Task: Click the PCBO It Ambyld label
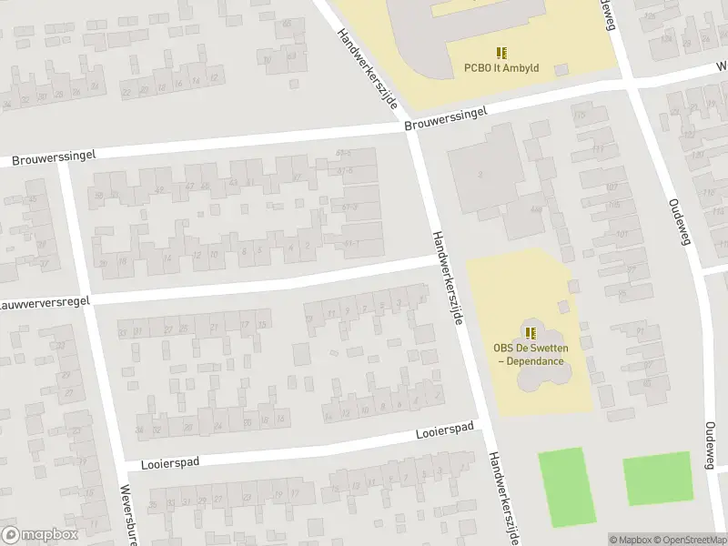[501, 67]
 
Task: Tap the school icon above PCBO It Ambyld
[501, 53]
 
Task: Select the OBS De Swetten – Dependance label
[529, 354]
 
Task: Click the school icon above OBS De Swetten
[530, 332]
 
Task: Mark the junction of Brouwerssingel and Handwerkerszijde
[412, 130]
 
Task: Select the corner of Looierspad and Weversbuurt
[126, 464]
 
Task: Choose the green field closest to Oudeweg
[657, 479]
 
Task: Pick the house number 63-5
[344, 152]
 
